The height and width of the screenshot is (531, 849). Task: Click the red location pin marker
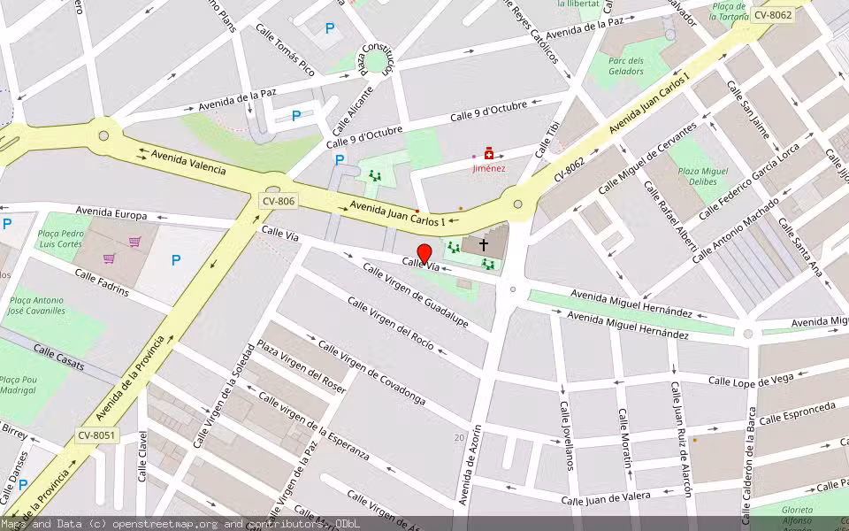(424, 254)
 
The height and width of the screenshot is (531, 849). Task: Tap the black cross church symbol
(484, 243)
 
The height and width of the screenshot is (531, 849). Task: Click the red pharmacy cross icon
(488, 154)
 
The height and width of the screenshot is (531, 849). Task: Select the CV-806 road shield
(278, 202)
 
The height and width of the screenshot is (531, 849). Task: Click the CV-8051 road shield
(96, 435)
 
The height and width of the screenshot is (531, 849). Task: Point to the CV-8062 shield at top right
(771, 15)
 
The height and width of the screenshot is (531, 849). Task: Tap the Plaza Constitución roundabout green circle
(378, 60)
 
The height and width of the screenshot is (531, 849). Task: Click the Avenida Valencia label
(188, 163)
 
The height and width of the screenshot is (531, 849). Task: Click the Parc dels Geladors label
(626, 65)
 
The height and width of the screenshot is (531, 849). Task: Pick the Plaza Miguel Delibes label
(702, 175)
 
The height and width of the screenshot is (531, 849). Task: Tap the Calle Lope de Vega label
(751, 381)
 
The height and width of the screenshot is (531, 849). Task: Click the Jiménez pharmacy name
(488, 168)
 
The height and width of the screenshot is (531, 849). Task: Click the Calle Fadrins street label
(102, 285)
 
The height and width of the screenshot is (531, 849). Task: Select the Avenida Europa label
(111, 213)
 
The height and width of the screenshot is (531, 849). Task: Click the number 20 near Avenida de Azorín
(459, 438)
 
